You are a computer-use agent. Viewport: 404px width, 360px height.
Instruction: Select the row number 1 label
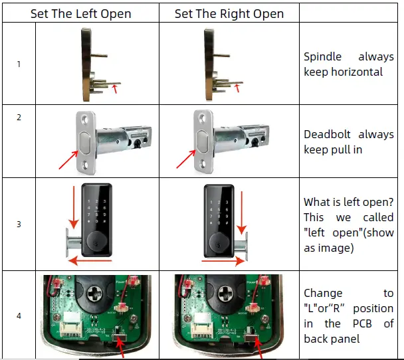19,64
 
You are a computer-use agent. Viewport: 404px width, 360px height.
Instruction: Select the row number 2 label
19,118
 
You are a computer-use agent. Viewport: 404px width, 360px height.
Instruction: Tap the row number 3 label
19,224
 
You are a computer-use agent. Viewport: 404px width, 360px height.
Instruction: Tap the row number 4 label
19,315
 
